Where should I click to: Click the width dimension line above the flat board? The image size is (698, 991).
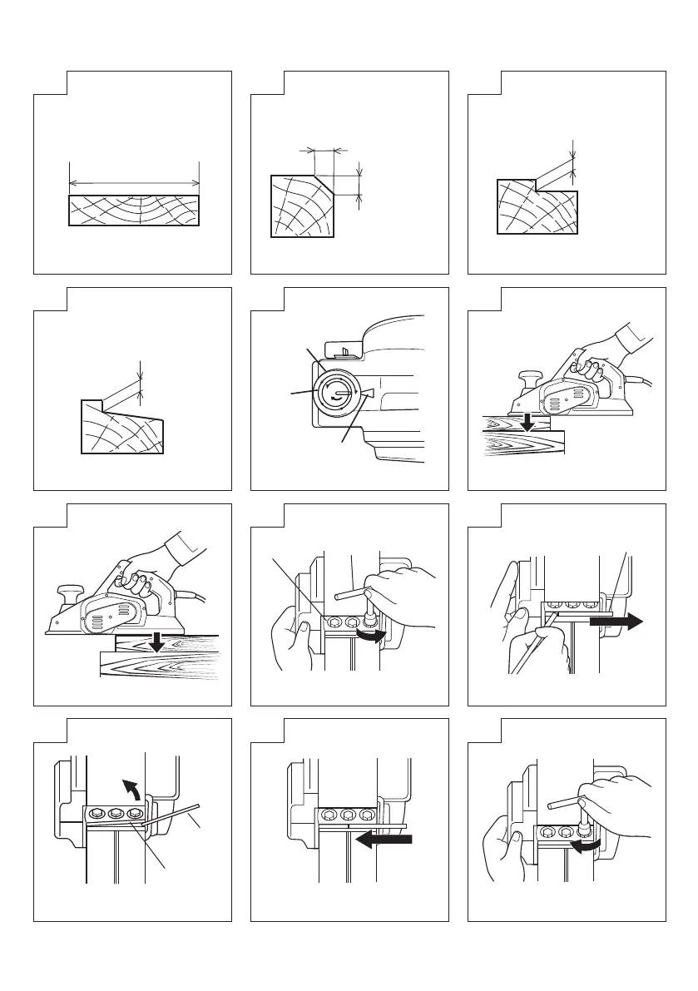[133, 182]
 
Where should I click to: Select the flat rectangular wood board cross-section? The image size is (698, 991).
[133, 210]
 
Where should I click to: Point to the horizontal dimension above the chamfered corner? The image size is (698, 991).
[323, 151]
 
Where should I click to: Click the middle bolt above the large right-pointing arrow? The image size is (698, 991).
[571, 607]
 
